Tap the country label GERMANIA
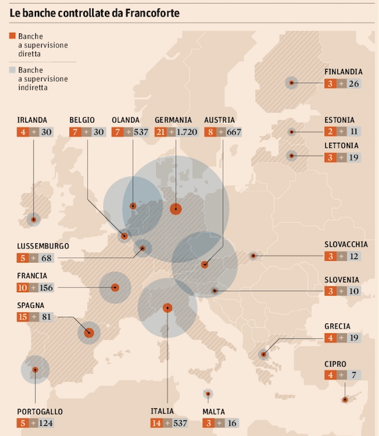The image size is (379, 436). pyautogui.click(x=173, y=120)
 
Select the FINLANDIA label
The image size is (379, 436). pyautogui.click(x=344, y=71)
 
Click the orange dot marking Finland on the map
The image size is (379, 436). pyautogui.click(x=291, y=82)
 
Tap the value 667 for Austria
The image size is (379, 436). pyautogui.click(x=231, y=132)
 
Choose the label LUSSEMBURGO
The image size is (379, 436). pyautogui.click(x=43, y=246)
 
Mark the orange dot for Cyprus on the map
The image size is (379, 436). pyautogui.click(x=344, y=399)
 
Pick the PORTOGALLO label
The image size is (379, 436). pyautogui.click(x=40, y=411)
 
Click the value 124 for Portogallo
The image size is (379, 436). pyautogui.click(x=45, y=423)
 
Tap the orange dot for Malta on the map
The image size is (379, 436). pyautogui.click(x=208, y=394)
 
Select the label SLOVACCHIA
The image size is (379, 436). pyautogui.click(x=346, y=244)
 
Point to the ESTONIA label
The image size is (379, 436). pyautogui.click(x=339, y=120)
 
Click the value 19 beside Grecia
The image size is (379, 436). pyautogui.click(x=354, y=339)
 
